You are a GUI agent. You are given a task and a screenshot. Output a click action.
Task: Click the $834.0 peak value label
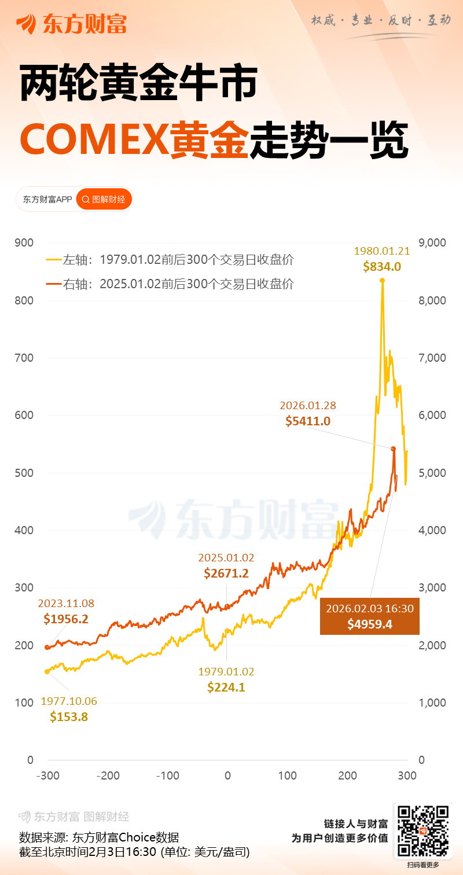click(382, 267)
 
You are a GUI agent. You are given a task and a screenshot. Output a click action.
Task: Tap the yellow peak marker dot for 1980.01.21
click(382, 281)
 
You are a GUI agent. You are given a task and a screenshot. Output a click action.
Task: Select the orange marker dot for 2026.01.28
click(393, 449)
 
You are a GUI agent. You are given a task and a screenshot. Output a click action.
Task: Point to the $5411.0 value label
click(308, 421)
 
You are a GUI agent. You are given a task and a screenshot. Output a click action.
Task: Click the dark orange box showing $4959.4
click(369, 616)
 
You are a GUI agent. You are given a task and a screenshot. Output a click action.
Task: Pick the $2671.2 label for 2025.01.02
click(226, 573)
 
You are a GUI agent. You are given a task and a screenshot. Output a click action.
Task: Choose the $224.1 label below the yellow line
click(226, 687)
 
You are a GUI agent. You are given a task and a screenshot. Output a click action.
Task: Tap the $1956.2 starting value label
click(66, 619)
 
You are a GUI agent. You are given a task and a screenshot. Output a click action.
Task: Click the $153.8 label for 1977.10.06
click(69, 716)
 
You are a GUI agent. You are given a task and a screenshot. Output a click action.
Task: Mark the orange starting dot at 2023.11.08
click(47, 648)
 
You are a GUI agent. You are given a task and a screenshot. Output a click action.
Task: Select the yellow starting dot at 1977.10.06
click(47, 671)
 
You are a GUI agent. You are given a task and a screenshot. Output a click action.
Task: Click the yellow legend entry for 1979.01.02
click(170, 260)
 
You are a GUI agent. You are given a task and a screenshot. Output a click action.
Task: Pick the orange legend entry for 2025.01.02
click(170, 284)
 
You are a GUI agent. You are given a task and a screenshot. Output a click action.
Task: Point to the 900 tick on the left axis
click(25, 243)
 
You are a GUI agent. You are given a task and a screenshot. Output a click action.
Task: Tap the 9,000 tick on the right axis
click(431, 243)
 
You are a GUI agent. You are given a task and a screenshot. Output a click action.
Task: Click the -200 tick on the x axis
click(108, 775)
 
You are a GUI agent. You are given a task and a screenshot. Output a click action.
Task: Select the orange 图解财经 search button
click(104, 200)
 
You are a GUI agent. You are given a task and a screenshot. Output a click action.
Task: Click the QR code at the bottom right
click(422, 831)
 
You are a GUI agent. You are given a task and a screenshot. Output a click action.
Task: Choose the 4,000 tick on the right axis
click(431, 530)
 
